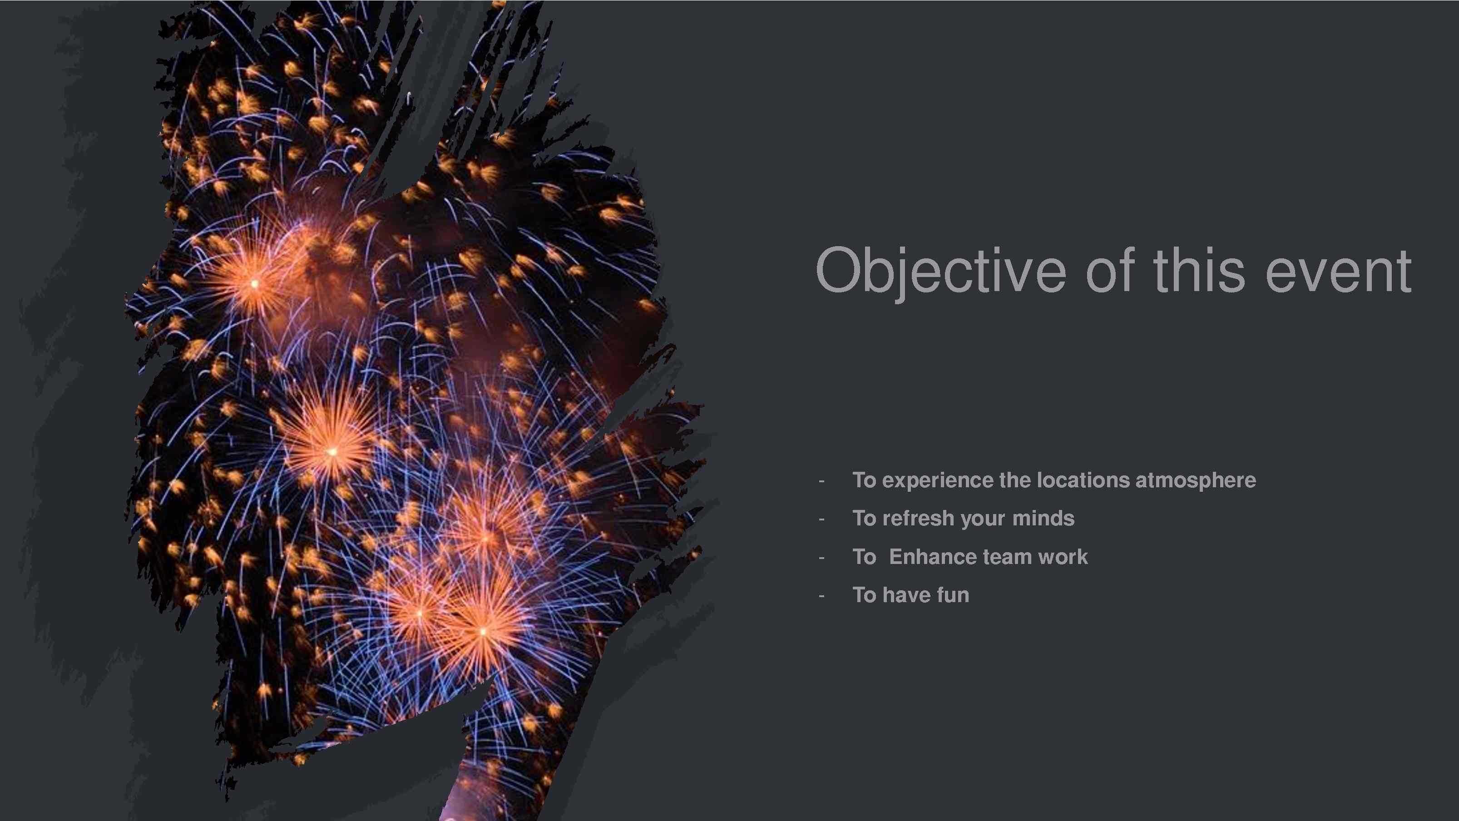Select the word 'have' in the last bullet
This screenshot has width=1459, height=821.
(907, 595)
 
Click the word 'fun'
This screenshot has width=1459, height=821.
(953, 595)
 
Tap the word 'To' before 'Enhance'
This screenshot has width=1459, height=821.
(864, 557)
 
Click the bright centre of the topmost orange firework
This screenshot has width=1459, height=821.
(254, 283)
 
